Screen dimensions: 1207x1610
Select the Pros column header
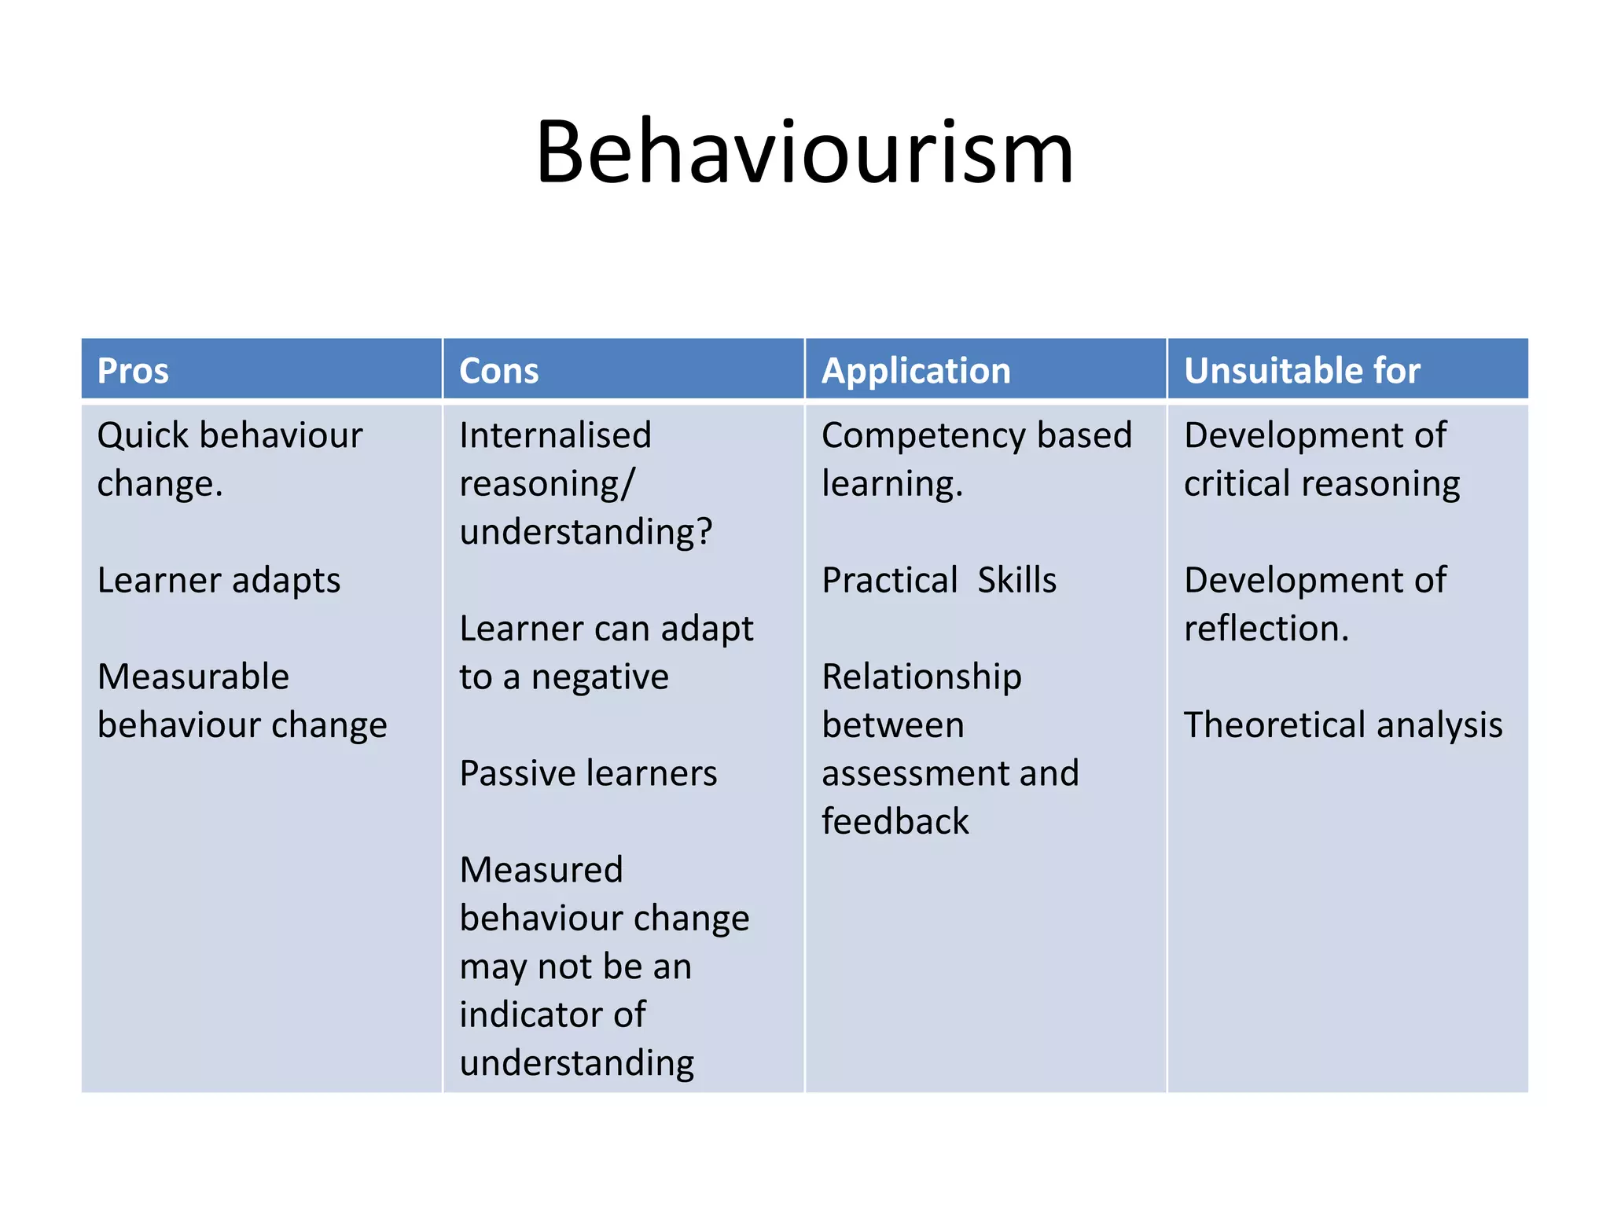pyautogui.click(x=133, y=371)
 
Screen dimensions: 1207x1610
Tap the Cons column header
pyautogui.click(x=498, y=371)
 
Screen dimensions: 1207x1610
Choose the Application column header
pyautogui.click(x=916, y=371)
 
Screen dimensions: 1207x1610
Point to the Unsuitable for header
pyautogui.click(x=1302, y=371)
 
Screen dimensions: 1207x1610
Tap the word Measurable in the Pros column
pyautogui.click(x=193, y=677)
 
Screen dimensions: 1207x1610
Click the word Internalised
pyautogui.click(x=555, y=436)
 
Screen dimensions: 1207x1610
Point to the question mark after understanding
pyautogui.click(x=704, y=532)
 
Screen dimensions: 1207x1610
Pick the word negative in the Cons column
pyautogui.click(x=600, y=677)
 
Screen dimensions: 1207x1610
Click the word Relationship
pyautogui.click(x=921, y=677)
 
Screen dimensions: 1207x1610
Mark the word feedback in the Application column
pyautogui.click(x=895, y=822)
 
